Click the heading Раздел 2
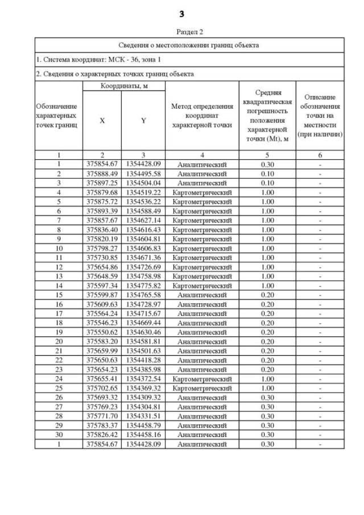click(182, 32)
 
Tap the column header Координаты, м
click(123, 85)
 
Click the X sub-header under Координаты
click(102, 121)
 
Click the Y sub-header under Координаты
click(143, 121)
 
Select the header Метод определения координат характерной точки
click(202, 116)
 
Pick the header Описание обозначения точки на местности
click(321, 116)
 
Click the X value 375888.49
click(102, 173)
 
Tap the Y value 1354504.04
click(143, 183)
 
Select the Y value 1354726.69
click(143, 266)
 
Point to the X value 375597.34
click(102, 285)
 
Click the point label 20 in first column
click(59, 341)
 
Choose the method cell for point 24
click(202, 378)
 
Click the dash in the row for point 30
click(321, 435)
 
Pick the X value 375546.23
click(102, 323)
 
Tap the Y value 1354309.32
click(143, 397)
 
